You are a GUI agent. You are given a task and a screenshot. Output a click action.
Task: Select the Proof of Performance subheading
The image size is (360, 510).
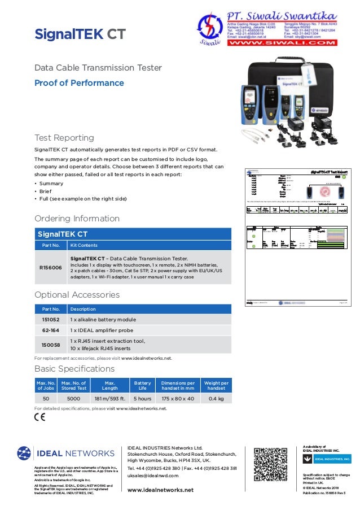(x=79, y=83)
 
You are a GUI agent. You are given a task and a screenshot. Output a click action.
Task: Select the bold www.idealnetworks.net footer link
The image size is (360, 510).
(x=160, y=490)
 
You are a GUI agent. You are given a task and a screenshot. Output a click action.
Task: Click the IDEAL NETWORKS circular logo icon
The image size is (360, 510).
(x=24, y=453)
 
